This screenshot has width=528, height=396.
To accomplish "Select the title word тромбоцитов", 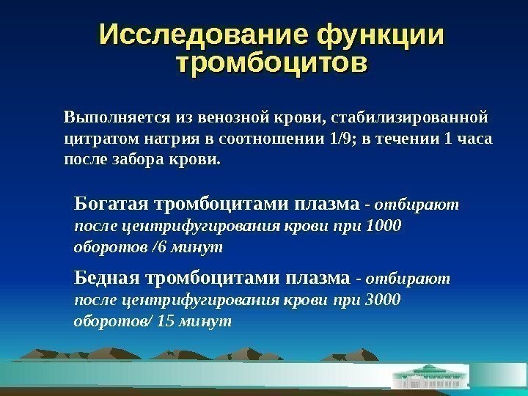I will tap(273, 62).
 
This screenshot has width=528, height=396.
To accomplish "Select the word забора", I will tap(133, 158).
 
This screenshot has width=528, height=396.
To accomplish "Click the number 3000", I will tap(382, 300).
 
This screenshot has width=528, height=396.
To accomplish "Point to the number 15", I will tap(166, 321).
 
